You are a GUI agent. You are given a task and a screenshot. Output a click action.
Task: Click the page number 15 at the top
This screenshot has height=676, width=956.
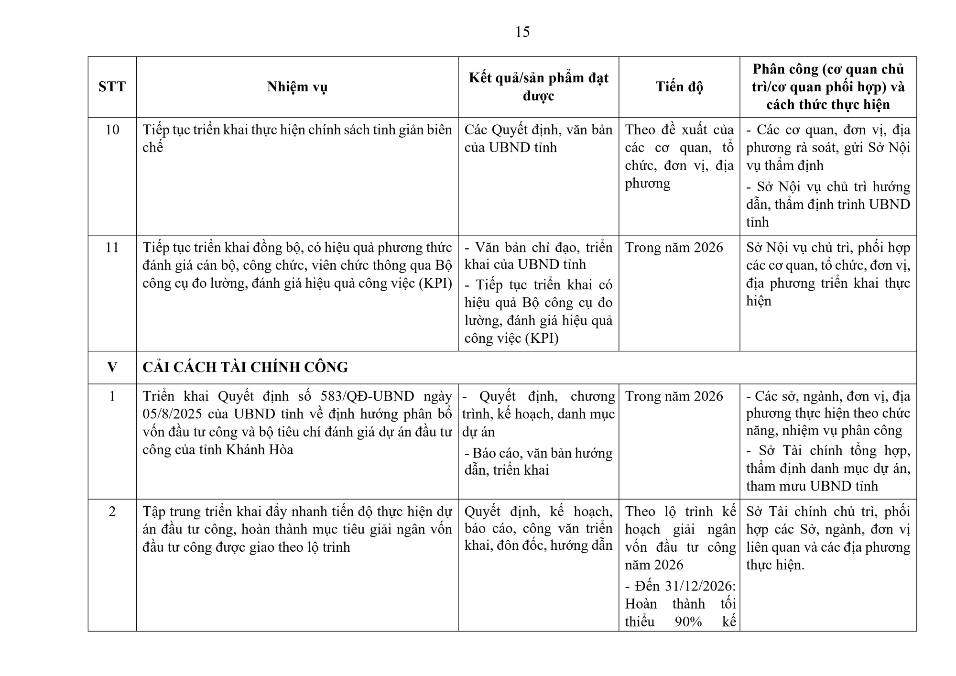pyautogui.click(x=522, y=32)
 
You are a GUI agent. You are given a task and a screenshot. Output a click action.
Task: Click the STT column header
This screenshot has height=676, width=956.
pyautogui.click(x=112, y=87)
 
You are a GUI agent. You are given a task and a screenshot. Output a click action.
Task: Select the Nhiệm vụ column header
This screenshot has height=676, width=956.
pyautogui.click(x=297, y=87)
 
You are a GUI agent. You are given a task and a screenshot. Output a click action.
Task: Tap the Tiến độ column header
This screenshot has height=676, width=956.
pyautogui.click(x=679, y=87)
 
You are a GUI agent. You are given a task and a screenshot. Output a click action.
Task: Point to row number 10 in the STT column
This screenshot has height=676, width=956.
pyautogui.click(x=112, y=130)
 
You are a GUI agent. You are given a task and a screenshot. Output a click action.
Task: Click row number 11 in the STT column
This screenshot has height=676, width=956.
pyautogui.click(x=112, y=247)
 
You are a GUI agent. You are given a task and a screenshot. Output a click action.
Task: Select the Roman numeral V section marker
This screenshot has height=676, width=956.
pyautogui.click(x=112, y=367)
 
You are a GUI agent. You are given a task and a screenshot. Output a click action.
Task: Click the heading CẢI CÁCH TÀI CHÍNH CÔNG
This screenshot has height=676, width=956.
pyautogui.click(x=245, y=367)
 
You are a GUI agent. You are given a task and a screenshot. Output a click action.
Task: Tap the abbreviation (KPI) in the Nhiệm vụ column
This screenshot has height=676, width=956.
pyautogui.click(x=435, y=283)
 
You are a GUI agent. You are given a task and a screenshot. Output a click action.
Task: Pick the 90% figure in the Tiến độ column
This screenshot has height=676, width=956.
pyautogui.click(x=688, y=621)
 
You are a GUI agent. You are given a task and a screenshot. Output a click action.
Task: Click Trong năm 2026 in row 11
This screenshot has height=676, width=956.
pyautogui.click(x=674, y=247)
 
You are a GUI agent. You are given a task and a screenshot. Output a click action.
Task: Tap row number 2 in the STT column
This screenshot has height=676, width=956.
pyautogui.click(x=112, y=512)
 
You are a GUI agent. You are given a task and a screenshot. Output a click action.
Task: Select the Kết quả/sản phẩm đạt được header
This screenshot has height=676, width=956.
pyautogui.click(x=538, y=87)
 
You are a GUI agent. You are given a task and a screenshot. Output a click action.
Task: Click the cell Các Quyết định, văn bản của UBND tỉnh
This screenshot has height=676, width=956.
pyautogui.click(x=538, y=138)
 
